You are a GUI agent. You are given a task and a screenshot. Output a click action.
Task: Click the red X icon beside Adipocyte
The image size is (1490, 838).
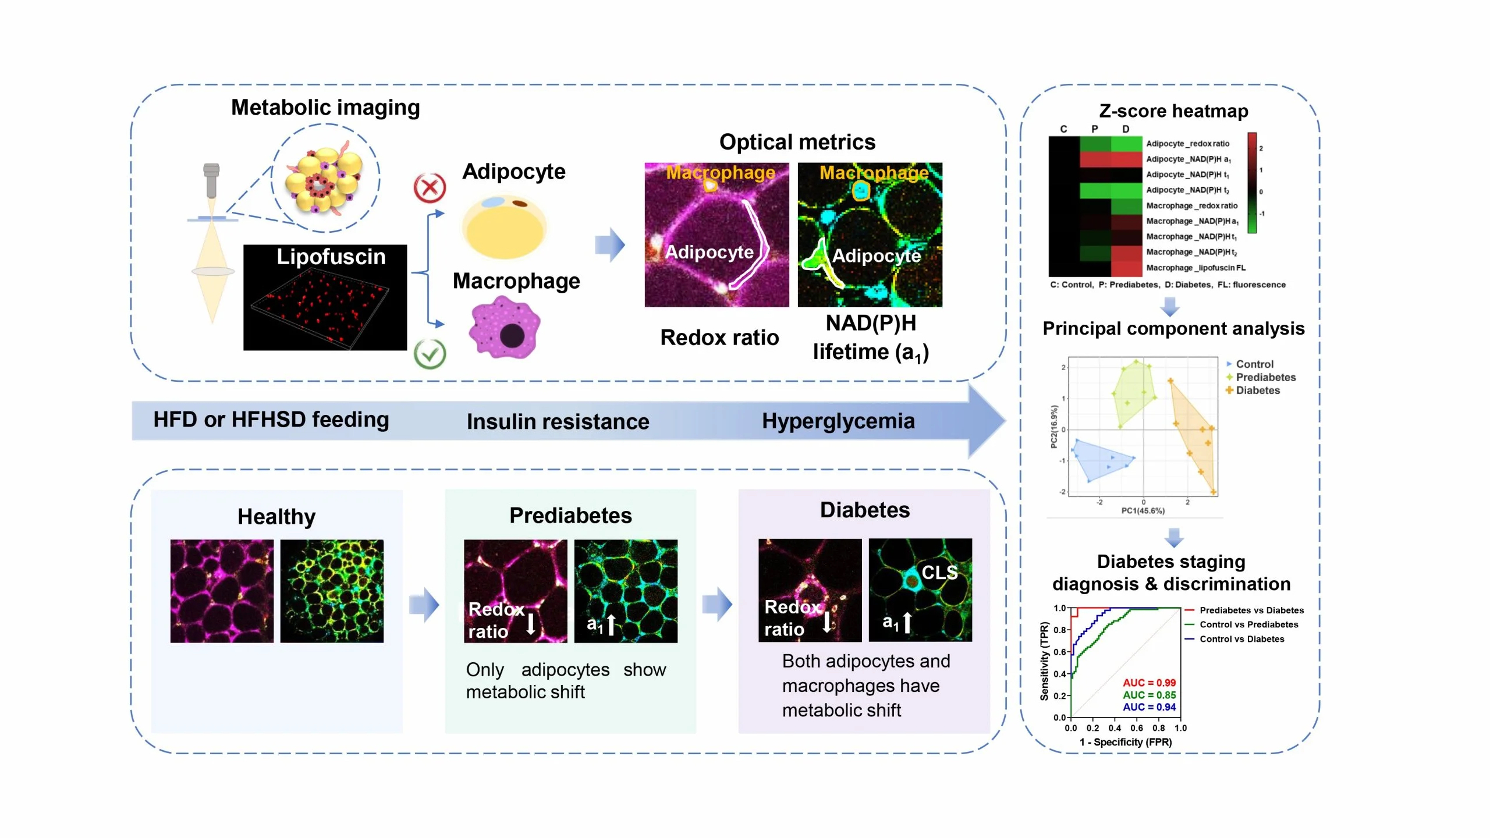coord(430,188)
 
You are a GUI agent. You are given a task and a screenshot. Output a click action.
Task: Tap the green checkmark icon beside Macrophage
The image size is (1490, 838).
coord(430,353)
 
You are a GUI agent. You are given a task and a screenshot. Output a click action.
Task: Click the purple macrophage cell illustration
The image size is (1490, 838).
coord(504,327)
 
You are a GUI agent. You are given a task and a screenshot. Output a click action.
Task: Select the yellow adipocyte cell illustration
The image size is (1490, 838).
coord(504,228)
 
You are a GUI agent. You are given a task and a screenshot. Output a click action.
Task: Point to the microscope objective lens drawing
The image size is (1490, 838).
coord(211,180)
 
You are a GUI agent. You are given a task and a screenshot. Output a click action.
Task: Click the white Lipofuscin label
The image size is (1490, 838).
coord(331,257)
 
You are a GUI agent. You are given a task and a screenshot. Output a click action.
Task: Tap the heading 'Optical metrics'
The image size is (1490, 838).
coord(797,142)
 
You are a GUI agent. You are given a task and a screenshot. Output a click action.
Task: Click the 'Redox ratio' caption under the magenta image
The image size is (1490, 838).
coord(719,338)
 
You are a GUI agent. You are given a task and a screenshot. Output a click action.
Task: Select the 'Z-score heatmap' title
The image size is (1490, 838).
coord(1173,111)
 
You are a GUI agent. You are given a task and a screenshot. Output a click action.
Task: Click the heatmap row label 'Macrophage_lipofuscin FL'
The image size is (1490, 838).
coord(1195,268)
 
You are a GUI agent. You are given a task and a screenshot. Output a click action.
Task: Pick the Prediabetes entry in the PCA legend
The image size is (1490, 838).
coord(1265,377)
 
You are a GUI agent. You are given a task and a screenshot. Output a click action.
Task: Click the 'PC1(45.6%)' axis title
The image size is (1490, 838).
coord(1143,511)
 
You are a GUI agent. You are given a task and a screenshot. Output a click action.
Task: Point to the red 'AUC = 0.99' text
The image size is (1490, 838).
coord(1149,683)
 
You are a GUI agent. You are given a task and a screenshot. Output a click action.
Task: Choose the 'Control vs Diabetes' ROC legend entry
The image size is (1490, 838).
coord(1241,639)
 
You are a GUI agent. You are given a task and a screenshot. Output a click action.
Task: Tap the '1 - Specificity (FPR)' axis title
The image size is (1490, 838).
coord(1126,742)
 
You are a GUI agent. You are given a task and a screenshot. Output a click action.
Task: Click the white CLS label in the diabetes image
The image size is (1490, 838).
coord(939,573)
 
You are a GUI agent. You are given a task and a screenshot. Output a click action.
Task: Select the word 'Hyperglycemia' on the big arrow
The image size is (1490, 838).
coord(838,421)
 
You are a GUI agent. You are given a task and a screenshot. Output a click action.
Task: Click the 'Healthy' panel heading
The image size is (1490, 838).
coord(276,517)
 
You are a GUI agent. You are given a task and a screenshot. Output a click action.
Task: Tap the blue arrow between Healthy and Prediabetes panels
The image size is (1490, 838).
coord(424,605)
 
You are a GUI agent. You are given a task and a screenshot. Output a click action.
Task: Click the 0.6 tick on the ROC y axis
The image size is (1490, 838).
coord(1059,652)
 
